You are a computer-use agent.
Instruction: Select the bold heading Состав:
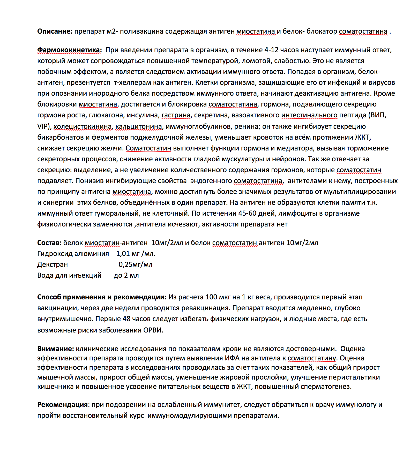pyautogui.click(x=49, y=243)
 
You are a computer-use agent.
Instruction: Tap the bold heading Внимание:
pyautogui.click(x=56, y=349)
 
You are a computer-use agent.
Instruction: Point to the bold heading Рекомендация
pyautogui.click(x=62, y=405)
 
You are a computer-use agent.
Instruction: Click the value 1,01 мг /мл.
pyautogui.click(x=136, y=254)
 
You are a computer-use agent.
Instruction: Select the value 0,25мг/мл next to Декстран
pyautogui.click(x=135, y=264)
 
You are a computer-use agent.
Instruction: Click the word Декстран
pyautogui.click(x=53, y=264)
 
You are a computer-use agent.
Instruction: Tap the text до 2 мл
pyautogui.click(x=126, y=275)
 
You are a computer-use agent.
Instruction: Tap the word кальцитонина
pyautogui.click(x=139, y=126)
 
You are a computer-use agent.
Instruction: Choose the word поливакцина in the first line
pyautogui.click(x=141, y=31)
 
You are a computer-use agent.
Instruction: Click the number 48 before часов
pyautogui.click(x=126, y=319)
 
